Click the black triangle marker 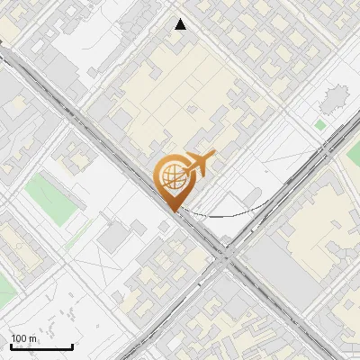tap(181, 24)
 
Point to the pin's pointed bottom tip tap(173, 210)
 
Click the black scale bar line tap(41, 346)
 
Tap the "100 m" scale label tap(24, 338)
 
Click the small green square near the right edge tap(320, 124)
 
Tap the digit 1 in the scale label tap(13, 338)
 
